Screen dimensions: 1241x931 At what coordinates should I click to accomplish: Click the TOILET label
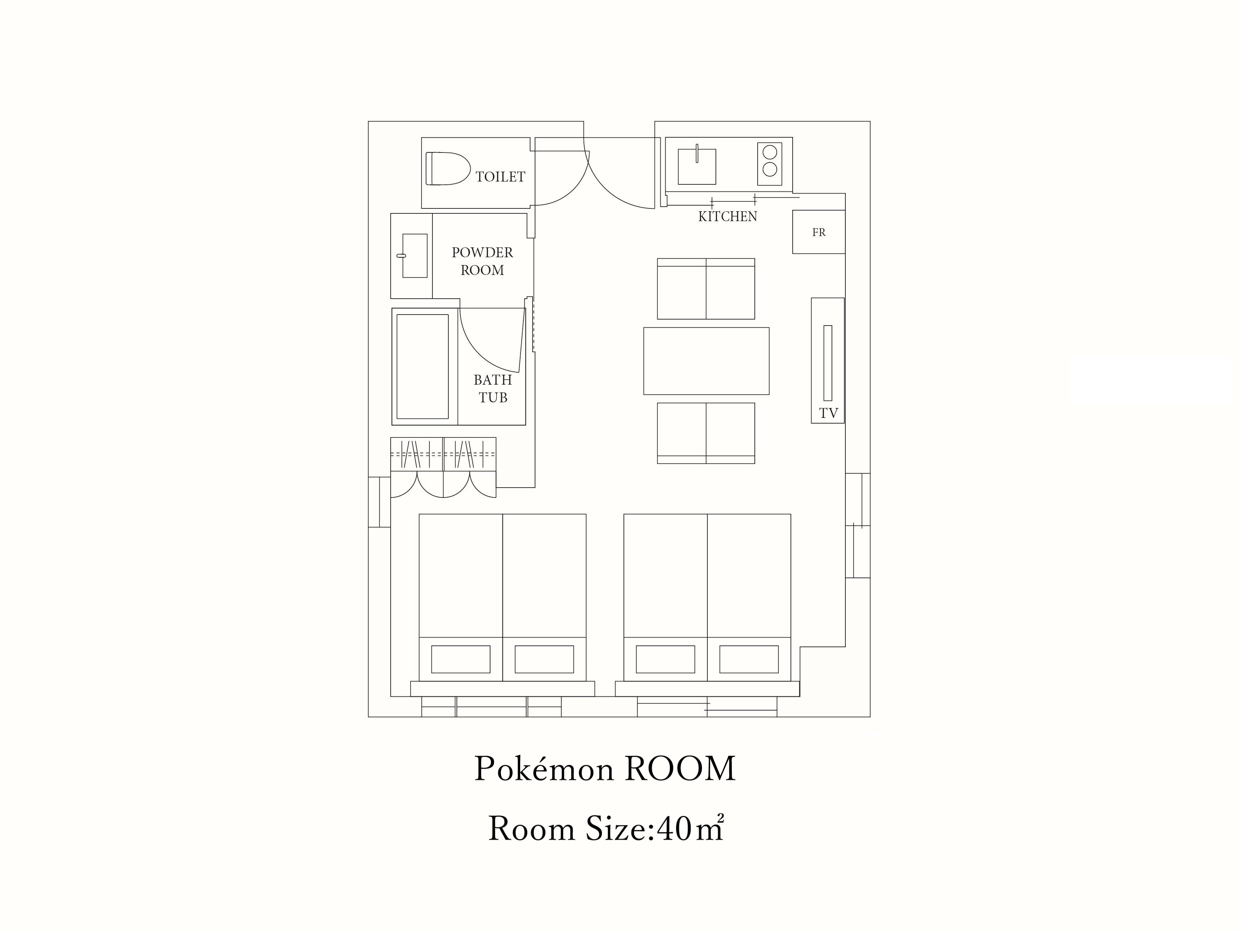pyautogui.click(x=500, y=177)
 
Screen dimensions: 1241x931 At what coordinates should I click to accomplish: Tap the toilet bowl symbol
pyautogui.click(x=448, y=168)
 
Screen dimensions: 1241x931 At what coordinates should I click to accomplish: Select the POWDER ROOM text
pyautogui.click(x=482, y=261)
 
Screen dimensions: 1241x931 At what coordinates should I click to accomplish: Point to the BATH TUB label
pyautogui.click(x=493, y=388)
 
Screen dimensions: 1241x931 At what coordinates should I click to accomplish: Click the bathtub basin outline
pyautogui.click(x=423, y=367)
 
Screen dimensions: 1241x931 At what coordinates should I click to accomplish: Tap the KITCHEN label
pyautogui.click(x=728, y=217)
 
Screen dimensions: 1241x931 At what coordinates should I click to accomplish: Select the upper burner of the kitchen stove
pyautogui.click(x=770, y=152)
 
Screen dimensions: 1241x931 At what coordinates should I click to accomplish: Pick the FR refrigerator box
pyautogui.click(x=818, y=232)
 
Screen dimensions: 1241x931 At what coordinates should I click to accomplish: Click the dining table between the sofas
pyautogui.click(x=706, y=361)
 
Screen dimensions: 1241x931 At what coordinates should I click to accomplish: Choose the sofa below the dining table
pyautogui.click(x=706, y=433)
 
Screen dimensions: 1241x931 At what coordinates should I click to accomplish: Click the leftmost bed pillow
pyautogui.click(x=461, y=659)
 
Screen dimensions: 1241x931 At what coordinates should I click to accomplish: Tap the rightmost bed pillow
pyautogui.click(x=749, y=659)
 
